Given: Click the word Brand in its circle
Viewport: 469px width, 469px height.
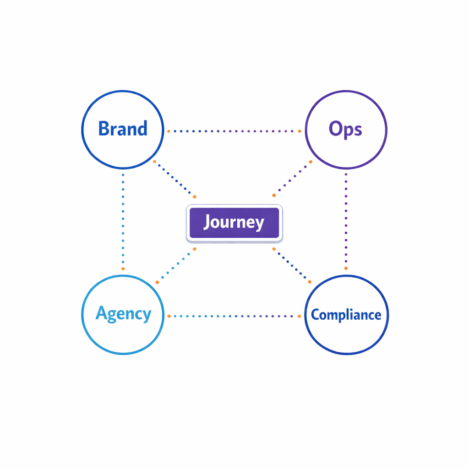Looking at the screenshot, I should tap(123, 129).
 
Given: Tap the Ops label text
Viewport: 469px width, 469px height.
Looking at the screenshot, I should tap(345, 129).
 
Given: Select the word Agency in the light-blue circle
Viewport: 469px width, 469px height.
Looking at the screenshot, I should tap(123, 314).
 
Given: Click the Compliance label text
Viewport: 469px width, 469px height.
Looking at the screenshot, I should tap(346, 315).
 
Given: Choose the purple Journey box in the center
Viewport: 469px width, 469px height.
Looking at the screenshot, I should tap(234, 223).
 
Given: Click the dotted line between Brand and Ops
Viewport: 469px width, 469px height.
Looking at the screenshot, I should tap(234, 131).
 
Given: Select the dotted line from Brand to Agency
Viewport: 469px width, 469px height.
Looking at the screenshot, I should tap(123, 220).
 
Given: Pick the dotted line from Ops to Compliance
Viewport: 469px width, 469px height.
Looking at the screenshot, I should tap(346, 220).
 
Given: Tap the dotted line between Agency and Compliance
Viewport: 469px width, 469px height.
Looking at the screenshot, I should tap(234, 316).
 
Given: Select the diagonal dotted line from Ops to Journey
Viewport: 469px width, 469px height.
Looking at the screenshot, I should tap(293, 179).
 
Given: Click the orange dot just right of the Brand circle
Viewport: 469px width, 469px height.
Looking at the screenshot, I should tap(169, 131).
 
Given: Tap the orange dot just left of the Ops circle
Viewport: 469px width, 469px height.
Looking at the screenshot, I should tap(300, 131).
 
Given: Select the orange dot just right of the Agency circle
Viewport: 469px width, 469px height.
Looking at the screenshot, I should tap(169, 316).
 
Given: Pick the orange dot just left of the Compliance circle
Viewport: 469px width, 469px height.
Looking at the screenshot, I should tap(300, 316).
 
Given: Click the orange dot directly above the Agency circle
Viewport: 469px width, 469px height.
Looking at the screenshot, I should tap(123, 268).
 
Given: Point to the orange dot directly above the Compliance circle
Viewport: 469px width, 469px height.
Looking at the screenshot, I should tap(346, 268).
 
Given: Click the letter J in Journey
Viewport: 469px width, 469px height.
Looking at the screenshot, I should tap(207, 222).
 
